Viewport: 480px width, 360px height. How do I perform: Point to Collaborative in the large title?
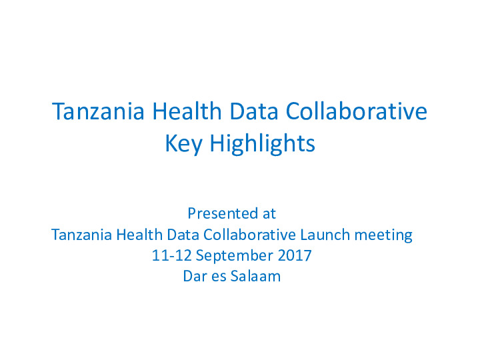[357, 111]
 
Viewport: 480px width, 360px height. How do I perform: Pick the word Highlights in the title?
[262, 143]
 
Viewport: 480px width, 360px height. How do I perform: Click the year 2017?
[295, 255]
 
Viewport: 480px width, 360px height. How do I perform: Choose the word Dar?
[194, 276]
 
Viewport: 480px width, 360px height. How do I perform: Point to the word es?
[219, 276]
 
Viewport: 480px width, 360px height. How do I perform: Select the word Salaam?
[255, 276]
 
